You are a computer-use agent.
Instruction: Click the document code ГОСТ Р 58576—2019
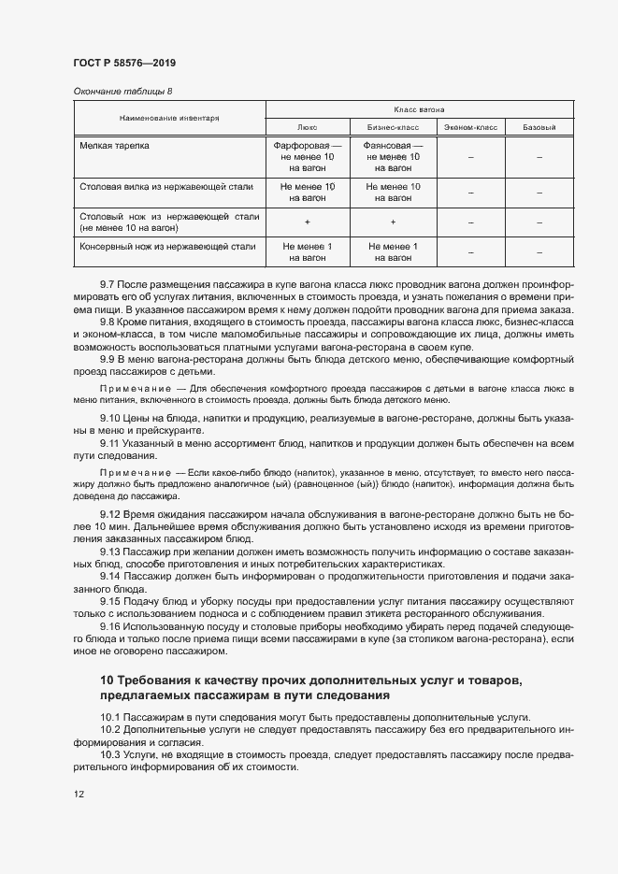pos(123,63)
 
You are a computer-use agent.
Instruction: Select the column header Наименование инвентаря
pos(169,119)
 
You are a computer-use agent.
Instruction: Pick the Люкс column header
pos(307,127)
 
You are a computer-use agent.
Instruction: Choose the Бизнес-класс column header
pos(393,127)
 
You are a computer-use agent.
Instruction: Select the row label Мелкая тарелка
pos(114,147)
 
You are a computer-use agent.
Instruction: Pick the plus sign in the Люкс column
pos(307,222)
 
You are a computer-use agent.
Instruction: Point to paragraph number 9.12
pos(110,514)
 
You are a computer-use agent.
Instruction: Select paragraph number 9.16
pos(110,624)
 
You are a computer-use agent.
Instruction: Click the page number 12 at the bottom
pos(79,794)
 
